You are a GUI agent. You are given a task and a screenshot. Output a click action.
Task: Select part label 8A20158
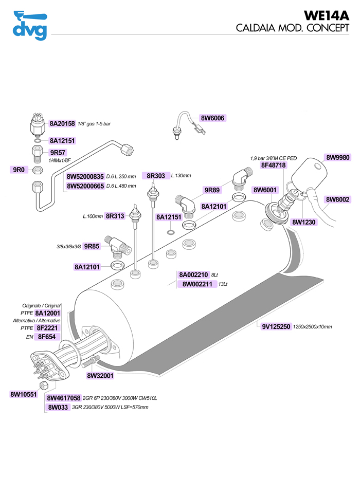[x=63, y=123]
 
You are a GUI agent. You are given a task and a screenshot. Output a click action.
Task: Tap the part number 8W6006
[x=213, y=118]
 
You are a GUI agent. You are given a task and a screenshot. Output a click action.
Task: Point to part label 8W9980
[x=338, y=157]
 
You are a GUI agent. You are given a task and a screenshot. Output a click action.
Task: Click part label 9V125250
[x=277, y=326]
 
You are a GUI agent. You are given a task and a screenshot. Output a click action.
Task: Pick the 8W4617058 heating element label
[x=64, y=398]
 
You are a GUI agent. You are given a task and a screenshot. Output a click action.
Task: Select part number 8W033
[x=58, y=407]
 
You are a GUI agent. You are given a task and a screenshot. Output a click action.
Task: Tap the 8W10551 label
[x=23, y=394]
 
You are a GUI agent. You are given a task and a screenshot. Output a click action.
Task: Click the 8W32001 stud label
[x=100, y=376]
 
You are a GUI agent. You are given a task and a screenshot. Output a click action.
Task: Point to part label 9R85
[x=92, y=246]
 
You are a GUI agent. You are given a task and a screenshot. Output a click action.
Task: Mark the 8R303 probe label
[x=156, y=176]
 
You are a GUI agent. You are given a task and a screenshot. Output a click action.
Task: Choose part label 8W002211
[x=197, y=284]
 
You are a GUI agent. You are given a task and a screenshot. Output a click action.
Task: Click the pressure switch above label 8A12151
[x=38, y=124]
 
